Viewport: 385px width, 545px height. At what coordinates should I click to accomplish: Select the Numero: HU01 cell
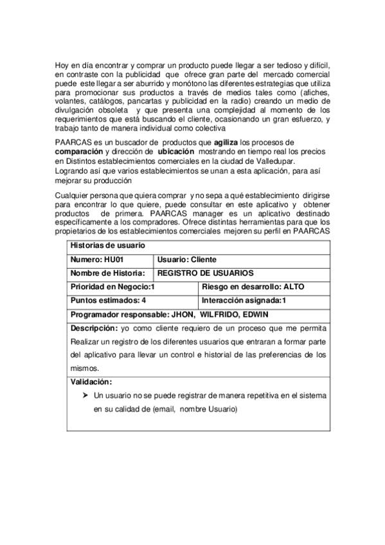[96, 260]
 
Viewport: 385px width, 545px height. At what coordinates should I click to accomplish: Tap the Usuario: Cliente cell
[187, 260]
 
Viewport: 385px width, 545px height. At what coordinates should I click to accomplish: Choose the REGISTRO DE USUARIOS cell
[206, 273]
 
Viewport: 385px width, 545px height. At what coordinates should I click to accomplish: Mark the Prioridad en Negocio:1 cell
[112, 287]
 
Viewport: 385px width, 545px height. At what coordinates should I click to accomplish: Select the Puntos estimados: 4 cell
[109, 300]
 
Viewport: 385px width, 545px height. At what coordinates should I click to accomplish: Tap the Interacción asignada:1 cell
[244, 300]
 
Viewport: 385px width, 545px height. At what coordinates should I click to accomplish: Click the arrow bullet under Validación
[85, 396]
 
